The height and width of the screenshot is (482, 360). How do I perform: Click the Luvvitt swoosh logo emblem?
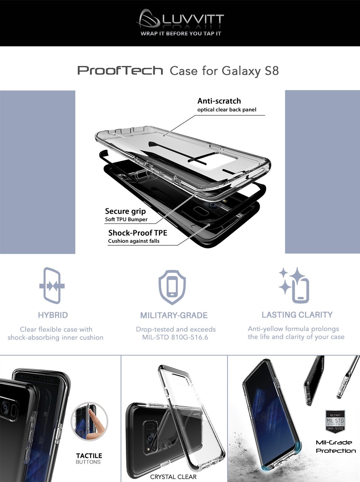148,19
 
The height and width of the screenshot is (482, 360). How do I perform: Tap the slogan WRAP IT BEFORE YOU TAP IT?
181,34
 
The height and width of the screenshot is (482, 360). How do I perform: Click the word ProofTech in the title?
120,70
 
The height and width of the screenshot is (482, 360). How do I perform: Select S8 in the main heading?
272,71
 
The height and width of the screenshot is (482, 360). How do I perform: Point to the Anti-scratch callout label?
219,101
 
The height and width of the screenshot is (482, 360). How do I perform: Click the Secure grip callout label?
125,211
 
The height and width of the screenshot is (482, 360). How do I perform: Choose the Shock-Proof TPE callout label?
138,232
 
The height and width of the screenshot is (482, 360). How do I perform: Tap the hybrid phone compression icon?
52,285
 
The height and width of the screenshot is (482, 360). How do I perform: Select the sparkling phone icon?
294,285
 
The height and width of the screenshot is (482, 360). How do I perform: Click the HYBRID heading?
53,315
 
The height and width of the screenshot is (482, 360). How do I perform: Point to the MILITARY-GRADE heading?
174,315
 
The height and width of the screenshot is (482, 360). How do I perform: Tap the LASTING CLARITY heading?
297,315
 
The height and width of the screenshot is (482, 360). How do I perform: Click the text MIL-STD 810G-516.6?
175,337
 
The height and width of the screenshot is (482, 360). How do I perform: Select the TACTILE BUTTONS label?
89,459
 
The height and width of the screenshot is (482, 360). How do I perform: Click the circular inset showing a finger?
89,421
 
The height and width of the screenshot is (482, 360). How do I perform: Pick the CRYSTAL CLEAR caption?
173,477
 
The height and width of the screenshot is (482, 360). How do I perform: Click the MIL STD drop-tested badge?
335,422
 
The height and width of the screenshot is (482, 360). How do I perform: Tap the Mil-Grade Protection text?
336,447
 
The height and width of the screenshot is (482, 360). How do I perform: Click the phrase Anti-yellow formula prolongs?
294,329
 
